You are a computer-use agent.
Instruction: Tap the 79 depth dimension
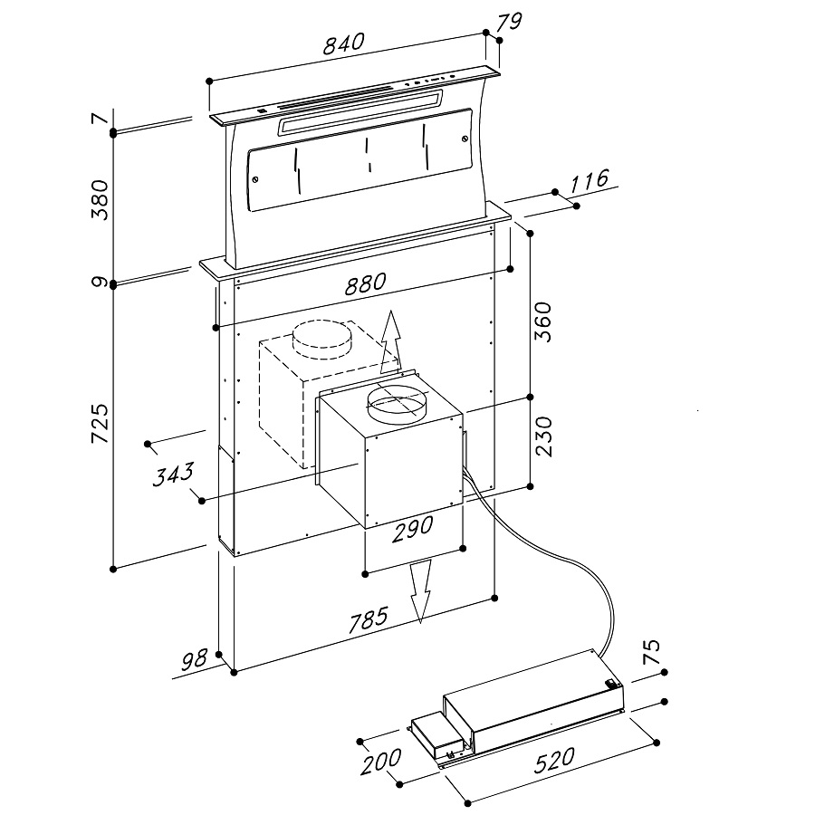(x=510, y=22)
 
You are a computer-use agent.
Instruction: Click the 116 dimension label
(x=588, y=180)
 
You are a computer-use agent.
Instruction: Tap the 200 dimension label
(x=382, y=762)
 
